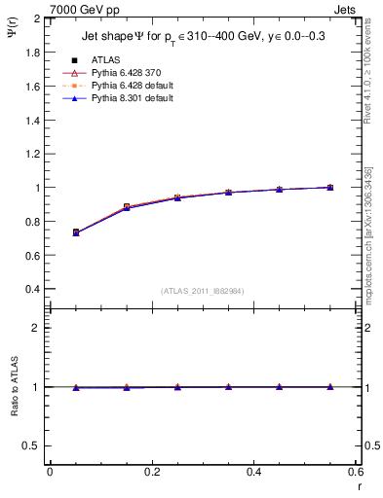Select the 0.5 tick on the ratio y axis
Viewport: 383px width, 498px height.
33,445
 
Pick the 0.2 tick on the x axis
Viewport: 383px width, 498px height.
152,472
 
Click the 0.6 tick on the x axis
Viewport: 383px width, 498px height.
356,472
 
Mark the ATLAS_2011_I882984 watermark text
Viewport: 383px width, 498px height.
204,291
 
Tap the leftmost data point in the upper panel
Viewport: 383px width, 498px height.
76,232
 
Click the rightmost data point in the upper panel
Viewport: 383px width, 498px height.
330,187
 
